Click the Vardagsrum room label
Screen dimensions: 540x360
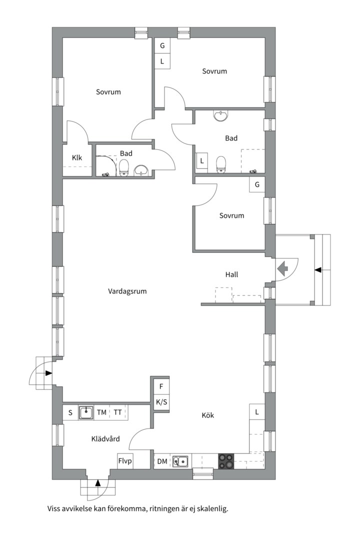click(127, 291)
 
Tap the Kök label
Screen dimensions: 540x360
click(208, 415)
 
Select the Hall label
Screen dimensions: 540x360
click(231, 274)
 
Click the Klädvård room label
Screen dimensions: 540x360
click(105, 439)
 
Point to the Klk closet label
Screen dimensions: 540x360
click(76, 158)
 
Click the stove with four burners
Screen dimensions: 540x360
click(225, 461)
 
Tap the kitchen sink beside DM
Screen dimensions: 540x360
click(180, 461)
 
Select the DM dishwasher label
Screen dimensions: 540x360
click(162, 461)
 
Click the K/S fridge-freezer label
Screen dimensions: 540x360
click(161, 402)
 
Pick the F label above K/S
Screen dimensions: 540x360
click(161, 386)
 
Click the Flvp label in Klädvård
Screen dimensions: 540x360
click(125, 460)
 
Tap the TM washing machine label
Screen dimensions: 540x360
click(101, 412)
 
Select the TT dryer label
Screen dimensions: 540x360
click(117, 412)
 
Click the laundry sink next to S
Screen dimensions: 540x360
click(86, 412)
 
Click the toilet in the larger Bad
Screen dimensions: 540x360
click(220, 163)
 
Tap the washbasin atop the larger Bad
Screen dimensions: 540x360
click(220, 116)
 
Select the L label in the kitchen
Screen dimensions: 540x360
click(257, 412)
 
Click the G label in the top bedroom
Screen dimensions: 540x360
click(162, 45)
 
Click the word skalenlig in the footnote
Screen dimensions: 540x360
click(212, 509)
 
